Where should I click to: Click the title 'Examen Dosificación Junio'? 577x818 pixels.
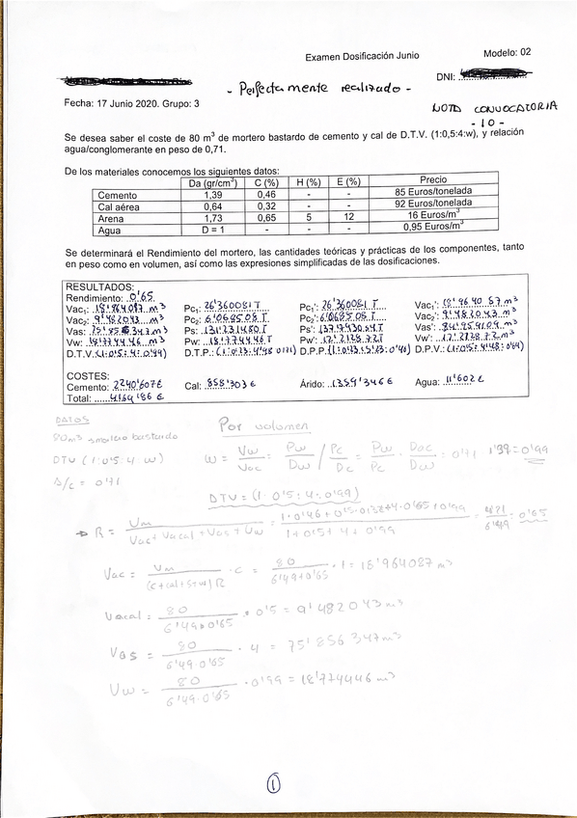[362, 57]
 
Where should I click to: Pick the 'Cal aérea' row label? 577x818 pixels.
[120, 206]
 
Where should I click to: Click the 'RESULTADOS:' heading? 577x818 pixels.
[99, 287]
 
